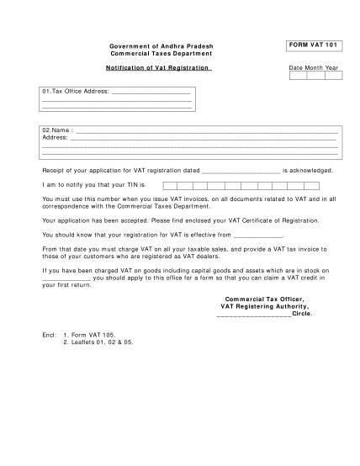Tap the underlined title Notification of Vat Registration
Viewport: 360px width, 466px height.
tap(157, 66)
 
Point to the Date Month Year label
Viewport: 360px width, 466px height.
tap(314, 67)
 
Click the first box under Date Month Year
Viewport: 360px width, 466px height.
tap(298, 76)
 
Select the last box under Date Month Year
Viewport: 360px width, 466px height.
tap(334, 76)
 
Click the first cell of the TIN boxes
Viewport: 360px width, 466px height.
tap(170, 184)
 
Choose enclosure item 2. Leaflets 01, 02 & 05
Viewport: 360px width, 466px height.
tap(98, 342)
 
